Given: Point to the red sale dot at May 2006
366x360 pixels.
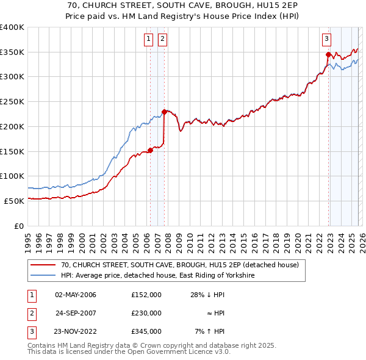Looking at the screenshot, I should coord(150,150).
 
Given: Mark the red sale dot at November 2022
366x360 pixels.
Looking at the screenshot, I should coord(328,54).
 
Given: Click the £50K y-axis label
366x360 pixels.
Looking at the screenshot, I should coord(15,201).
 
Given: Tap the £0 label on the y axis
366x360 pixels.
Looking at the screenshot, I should coord(20,226).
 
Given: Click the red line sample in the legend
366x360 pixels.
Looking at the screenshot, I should coord(43,265).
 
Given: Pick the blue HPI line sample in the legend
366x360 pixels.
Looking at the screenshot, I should coord(43,276).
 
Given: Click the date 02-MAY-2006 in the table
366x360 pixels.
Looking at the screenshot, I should coord(76,295).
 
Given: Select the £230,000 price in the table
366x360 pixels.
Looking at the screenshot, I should coord(146,313).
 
